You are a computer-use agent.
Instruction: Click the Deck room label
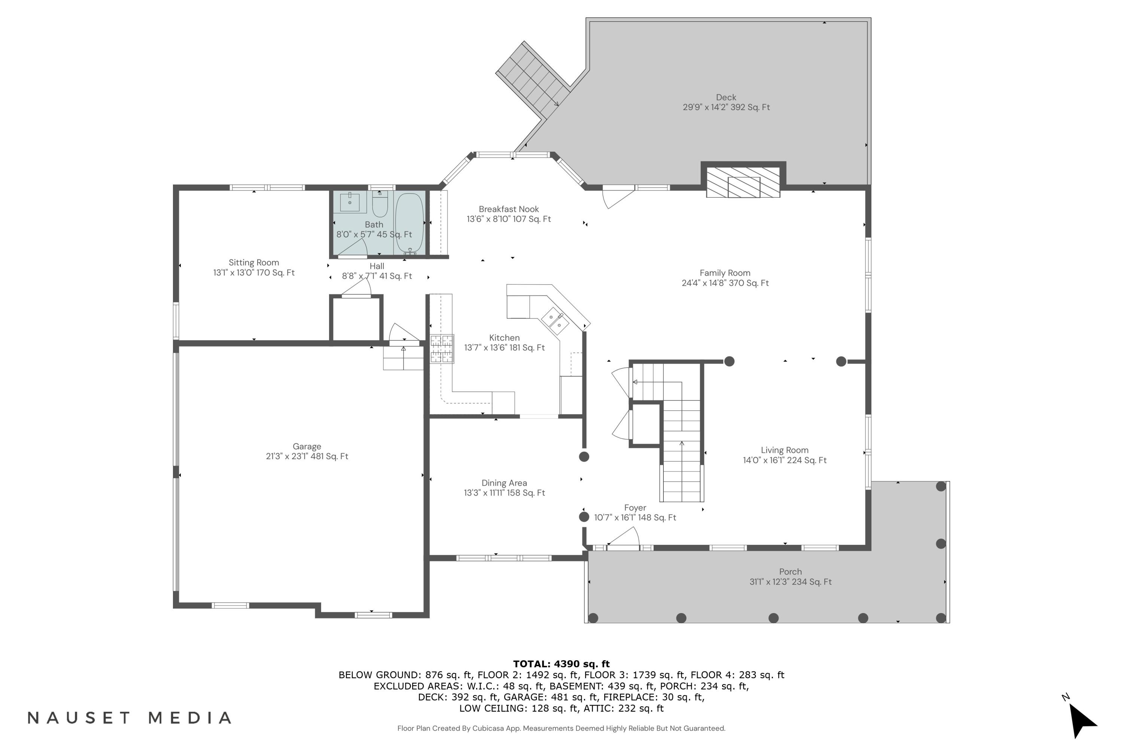pos(726,97)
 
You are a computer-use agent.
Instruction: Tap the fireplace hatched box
pos(743,182)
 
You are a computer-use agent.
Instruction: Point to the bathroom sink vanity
pos(350,202)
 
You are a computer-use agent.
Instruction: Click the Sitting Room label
pos(253,263)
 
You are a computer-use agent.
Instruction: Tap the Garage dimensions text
pos(307,457)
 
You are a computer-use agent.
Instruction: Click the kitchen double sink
pos(555,321)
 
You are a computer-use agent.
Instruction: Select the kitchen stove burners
pos(442,349)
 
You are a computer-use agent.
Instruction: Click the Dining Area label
pos(504,483)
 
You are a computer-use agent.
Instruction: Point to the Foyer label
pos(635,508)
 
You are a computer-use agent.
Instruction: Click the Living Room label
pos(785,451)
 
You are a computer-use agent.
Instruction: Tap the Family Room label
pos(725,273)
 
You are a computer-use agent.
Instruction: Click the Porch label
pos(790,572)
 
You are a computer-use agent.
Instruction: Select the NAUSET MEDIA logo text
pos(130,718)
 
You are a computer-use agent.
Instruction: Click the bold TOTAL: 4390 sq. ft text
pos(561,664)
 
